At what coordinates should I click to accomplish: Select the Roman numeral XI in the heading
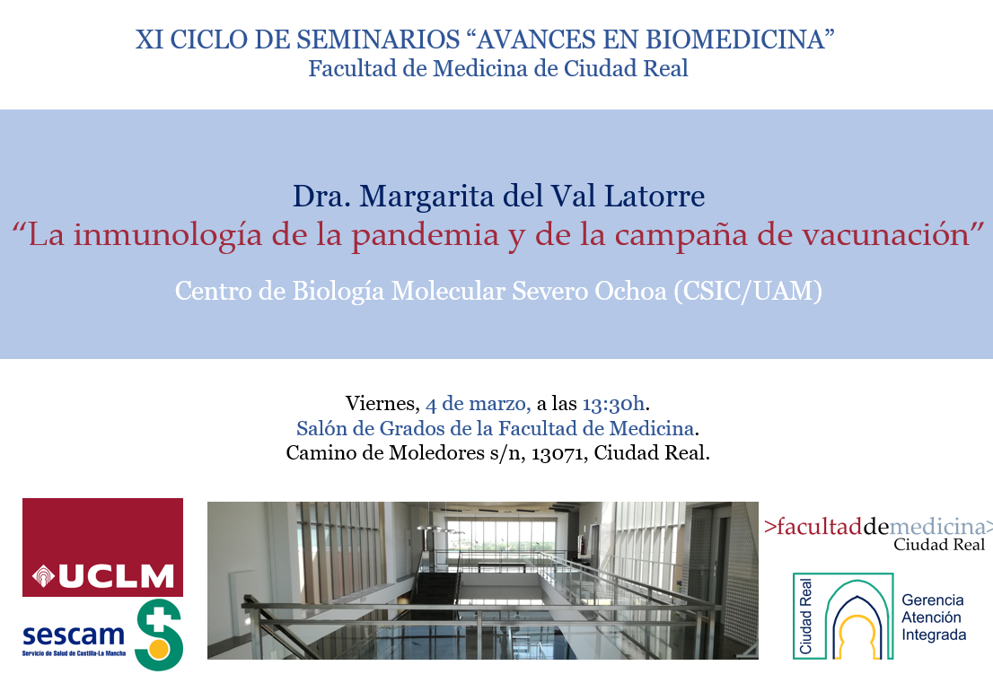click(x=149, y=39)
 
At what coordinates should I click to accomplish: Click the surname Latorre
click(x=655, y=197)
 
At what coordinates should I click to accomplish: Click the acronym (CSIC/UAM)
click(x=748, y=291)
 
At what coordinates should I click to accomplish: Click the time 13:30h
click(x=613, y=403)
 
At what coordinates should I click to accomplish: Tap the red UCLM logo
click(x=102, y=547)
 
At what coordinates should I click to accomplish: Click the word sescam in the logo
click(x=74, y=635)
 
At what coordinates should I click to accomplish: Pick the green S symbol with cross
click(x=160, y=635)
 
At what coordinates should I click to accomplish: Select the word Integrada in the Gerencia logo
click(x=934, y=635)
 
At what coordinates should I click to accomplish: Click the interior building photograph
click(x=482, y=581)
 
